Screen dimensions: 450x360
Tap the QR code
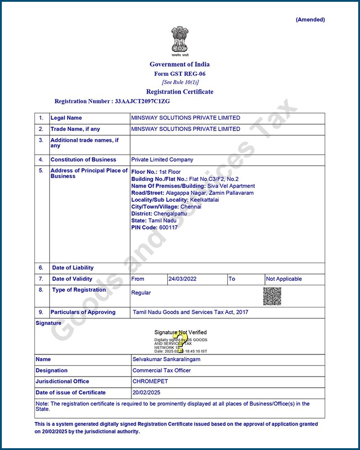pos(272,296)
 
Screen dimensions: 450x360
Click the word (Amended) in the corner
pos(310,20)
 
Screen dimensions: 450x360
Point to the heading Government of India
pos(180,64)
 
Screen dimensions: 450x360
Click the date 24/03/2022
pos(183,279)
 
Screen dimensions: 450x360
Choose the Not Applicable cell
pos(284,279)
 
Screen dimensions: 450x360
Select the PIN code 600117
pos(168,227)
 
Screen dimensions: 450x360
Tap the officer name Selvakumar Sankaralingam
pos(166,360)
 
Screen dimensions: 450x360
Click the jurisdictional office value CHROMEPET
pos(150,382)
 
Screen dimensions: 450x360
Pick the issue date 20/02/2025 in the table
pos(147,392)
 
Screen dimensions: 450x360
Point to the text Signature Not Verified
pos(180,333)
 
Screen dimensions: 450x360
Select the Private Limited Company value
pos(162,160)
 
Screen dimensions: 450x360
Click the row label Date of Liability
pos(73,268)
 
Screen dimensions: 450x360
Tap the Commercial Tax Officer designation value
pos(162,370)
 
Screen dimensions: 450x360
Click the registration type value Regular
pos(141,293)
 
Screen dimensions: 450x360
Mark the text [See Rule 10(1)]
pos(180,82)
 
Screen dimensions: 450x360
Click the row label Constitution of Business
pos(83,160)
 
